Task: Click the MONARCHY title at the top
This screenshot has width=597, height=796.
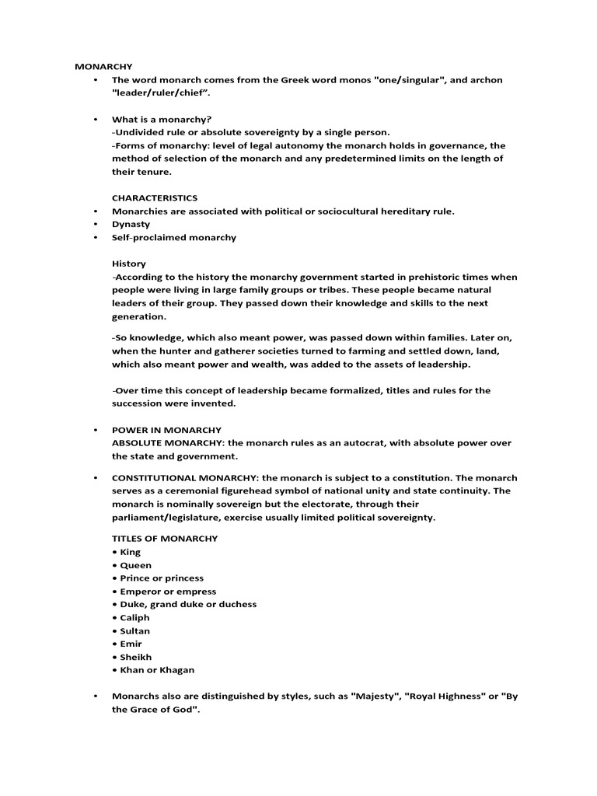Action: click(x=103, y=67)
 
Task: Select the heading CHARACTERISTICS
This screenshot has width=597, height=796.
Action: click(x=155, y=198)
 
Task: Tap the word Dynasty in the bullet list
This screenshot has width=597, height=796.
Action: click(x=131, y=225)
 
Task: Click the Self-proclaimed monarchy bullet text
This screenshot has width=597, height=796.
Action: click(x=174, y=238)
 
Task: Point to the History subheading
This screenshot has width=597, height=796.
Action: click(x=129, y=264)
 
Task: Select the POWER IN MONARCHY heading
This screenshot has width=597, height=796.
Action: click(x=166, y=430)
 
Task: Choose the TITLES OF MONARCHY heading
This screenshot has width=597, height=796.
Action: click(x=165, y=539)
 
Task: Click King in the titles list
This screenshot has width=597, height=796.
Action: click(x=130, y=552)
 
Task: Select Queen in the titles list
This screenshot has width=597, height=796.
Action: click(x=135, y=565)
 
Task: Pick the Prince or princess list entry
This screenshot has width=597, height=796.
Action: click(x=162, y=578)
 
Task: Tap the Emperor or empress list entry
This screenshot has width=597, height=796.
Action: click(x=168, y=592)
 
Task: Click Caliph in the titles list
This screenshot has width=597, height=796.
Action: click(x=134, y=618)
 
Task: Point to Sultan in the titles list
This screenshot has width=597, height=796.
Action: click(x=134, y=631)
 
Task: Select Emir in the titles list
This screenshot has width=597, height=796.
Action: click(x=131, y=644)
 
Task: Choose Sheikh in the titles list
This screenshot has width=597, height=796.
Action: click(x=135, y=657)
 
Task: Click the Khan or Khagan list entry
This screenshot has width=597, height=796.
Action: click(x=157, y=670)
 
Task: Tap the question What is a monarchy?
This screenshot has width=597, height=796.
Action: click(x=162, y=120)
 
